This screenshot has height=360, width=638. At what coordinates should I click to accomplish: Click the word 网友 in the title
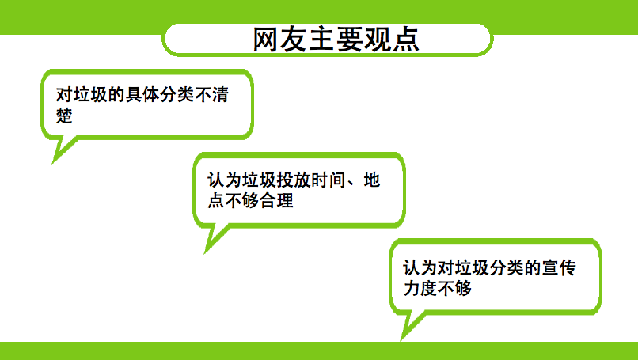coord(280,40)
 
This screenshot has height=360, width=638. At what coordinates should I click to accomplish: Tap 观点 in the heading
coord(391,40)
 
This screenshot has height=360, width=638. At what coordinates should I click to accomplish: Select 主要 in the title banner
coord(336,40)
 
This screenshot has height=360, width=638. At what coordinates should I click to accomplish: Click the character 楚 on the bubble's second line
coord(64,116)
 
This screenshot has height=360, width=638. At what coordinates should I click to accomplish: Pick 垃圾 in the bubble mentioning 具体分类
coord(90,94)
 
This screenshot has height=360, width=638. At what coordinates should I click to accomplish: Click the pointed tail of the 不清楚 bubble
coord(53,162)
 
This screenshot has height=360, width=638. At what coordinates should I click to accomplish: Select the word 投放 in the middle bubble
coord(294,180)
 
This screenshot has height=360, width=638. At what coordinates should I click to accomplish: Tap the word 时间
coord(328,180)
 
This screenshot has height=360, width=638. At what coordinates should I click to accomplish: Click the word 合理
coord(277,200)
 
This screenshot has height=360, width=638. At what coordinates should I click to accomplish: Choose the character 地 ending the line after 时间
coord(372,180)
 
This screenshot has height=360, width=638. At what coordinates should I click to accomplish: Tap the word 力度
coord(420,289)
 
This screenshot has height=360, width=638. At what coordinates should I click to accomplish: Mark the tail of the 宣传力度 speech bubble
coord(402,339)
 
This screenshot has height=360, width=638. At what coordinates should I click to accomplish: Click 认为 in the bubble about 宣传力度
coord(420,267)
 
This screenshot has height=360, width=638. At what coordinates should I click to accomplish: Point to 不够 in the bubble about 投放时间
coord(241,200)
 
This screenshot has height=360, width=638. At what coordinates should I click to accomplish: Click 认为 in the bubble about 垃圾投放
coord(225,180)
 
